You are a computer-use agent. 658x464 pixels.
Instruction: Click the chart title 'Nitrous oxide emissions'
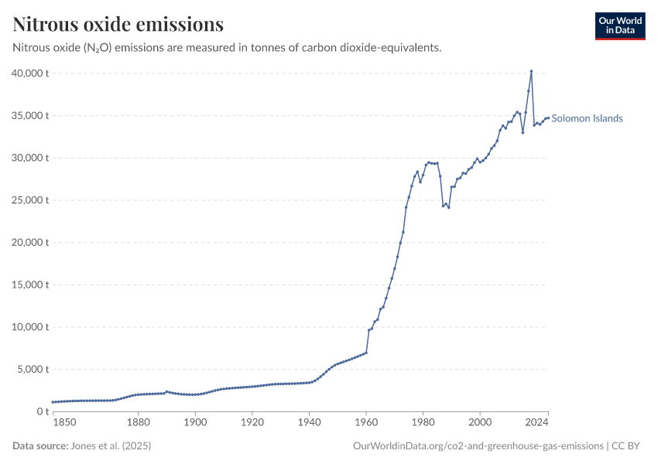(x=118, y=25)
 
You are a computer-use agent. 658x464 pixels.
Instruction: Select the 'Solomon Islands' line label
(x=587, y=118)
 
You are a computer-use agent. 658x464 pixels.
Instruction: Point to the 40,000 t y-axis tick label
(x=32, y=73)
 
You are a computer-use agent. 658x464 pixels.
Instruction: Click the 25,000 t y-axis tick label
(x=32, y=200)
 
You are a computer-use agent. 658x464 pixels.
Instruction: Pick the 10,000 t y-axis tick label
(x=32, y=327)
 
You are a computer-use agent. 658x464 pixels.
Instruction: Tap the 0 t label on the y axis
(x=43, y=411)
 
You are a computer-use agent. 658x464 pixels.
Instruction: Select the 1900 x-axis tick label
(x=195, y=422)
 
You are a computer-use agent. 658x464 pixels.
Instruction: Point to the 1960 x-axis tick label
(x=366, y=422)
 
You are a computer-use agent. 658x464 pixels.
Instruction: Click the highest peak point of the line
(x=531, y=71)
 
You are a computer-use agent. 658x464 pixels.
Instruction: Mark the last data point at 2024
(x=548, y=118)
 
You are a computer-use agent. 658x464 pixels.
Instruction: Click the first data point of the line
(x=53, y=402)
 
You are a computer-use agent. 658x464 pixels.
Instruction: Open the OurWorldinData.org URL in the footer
(x=478, y=446)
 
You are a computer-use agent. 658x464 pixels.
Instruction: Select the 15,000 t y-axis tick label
(x=32, y=285)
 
